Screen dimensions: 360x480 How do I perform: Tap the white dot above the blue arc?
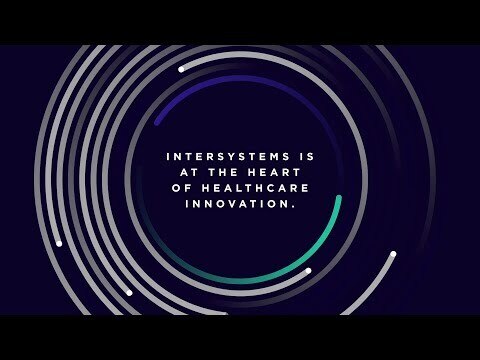(x=181, y=69)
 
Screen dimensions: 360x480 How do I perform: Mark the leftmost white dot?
(x=59, y=243)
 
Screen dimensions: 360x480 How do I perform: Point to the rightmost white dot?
(x=393, y=254)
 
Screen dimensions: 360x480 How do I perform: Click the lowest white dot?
(x=129, y=293)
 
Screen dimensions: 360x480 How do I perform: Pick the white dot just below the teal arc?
(x=308, y=270)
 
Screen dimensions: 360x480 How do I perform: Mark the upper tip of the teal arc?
(x=339, y=198)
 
